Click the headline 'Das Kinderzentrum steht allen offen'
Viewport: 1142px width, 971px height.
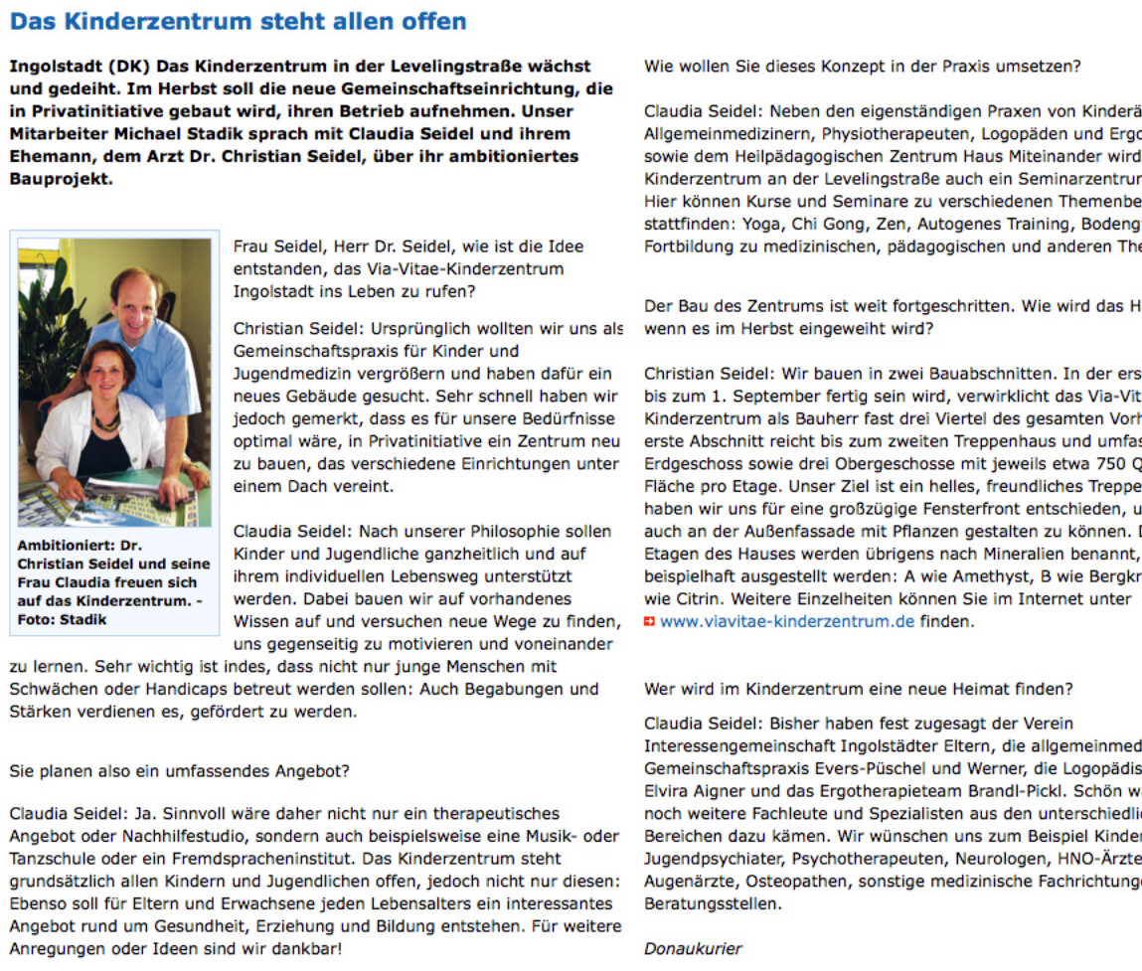[x=238, y=20]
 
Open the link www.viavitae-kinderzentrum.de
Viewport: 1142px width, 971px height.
[x=787, y=622]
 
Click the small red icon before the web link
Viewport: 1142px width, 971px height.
[x=650, y=622]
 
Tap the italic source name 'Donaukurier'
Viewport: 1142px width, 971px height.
[x=693, y=948]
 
